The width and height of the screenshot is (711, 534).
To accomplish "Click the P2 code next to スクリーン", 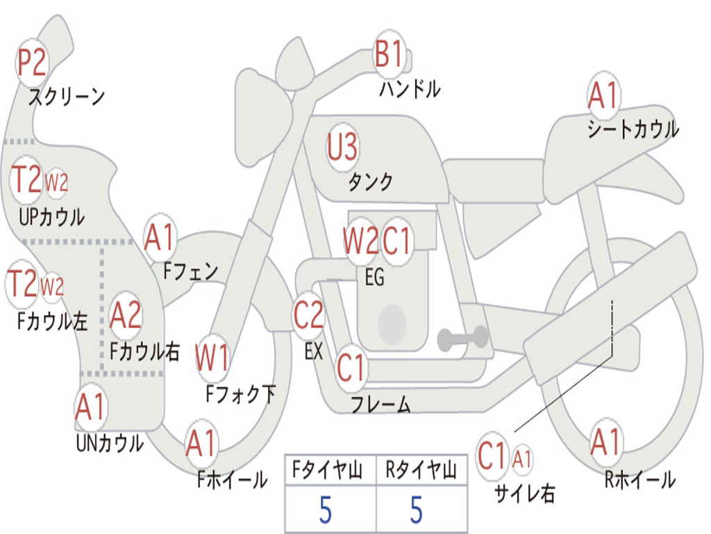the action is coord(31,63).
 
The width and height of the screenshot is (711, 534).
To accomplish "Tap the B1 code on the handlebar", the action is coord(389,54).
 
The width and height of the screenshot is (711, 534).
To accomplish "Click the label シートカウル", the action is coord(633,129).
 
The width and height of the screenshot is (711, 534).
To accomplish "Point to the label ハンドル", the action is coord(410,89).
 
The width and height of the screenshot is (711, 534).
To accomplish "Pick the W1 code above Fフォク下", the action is coord(212,359).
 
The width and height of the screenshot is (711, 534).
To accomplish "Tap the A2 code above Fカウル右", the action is coord(126,316).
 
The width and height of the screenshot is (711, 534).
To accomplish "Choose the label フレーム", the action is coord(380,404).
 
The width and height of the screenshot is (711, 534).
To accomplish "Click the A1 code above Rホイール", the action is coord(605,442).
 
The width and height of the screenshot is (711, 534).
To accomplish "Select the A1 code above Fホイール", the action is coord(201,443).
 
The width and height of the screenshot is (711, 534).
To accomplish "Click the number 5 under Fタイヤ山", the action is coord(326,510).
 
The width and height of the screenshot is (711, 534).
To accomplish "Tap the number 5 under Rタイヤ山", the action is coord(417,510).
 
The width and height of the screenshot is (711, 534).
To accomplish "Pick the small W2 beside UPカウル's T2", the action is coord(56,183).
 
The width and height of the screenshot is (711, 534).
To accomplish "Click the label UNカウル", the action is coord(110,443).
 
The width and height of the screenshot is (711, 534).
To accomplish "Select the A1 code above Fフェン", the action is coord(160,238).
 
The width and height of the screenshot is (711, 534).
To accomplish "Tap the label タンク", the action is coord(370,182).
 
